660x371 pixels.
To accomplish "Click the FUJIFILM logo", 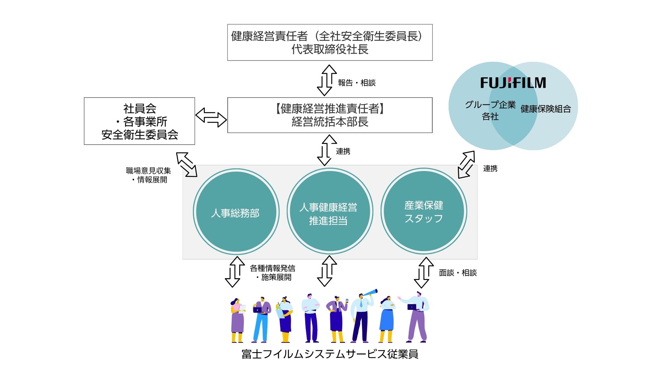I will click(513, 83).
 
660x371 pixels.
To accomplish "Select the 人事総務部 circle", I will click(236, 212).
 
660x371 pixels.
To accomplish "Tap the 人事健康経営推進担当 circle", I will click(329, 212).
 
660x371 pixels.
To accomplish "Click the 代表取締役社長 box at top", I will click(330, 43).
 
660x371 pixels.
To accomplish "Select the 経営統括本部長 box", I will click(330, 115).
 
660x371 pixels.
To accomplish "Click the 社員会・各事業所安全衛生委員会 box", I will click(139, 121).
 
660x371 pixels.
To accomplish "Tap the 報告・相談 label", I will click(356, 83).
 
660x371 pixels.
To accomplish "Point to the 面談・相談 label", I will click(458, 273).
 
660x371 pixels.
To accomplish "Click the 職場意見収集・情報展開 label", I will click(149, 175).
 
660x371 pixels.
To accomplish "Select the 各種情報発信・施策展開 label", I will click(273, 273).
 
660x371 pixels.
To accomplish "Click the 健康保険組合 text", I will click(546, 109).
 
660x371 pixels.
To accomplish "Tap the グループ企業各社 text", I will click(490, 110).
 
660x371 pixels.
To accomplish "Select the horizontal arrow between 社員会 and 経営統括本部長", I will click(211, 117).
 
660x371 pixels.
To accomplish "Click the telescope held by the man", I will click(370, 294).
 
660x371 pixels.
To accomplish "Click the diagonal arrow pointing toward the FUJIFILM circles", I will click(466, 165).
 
